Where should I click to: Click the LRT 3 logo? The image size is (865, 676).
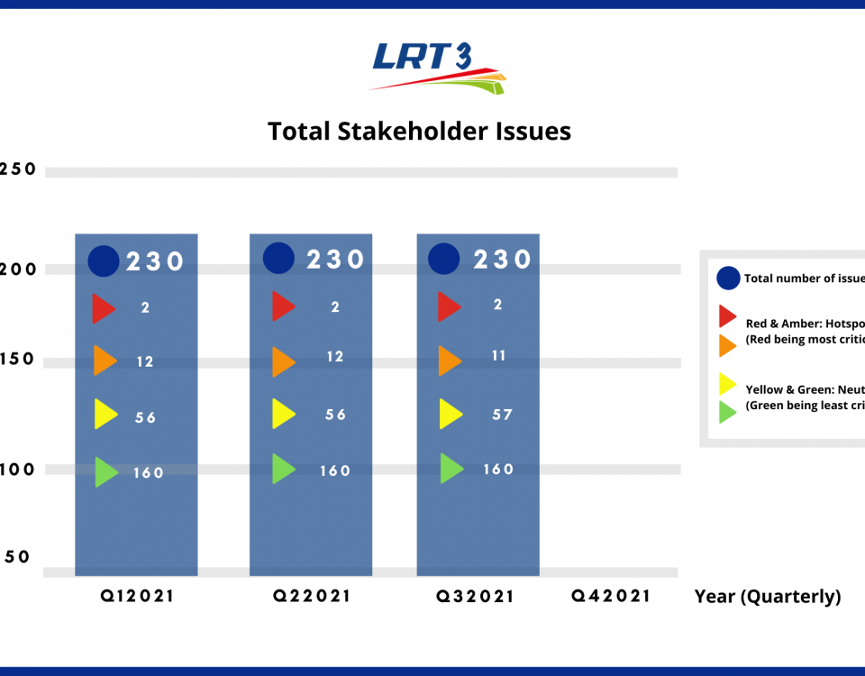point(437,67)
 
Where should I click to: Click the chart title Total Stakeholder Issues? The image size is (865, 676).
point(419,132)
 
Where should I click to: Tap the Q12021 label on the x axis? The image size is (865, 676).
point(136,596)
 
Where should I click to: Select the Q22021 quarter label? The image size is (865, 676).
point(312,596)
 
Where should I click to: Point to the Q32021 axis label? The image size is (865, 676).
point(476,596)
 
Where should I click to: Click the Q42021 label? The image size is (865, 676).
point(610,596)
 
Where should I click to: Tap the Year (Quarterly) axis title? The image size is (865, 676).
point(767,597)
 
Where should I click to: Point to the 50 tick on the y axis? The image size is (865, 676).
point(18,557)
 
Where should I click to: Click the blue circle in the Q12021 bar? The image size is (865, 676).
point(104,261)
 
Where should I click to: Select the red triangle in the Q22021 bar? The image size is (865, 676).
point(283,306)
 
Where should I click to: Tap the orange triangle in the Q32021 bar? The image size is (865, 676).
point(449,361)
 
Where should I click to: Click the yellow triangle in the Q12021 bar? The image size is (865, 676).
point(105,414)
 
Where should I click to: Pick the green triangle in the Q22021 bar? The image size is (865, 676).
point(283,469)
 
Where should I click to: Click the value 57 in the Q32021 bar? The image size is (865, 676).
point(502,415)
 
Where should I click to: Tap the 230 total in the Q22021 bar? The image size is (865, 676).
point(335,260)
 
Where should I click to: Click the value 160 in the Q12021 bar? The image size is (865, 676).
point(148,472)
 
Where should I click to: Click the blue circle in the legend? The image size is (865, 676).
point(728,279)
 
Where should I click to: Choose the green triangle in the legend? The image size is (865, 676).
point(727,412)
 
